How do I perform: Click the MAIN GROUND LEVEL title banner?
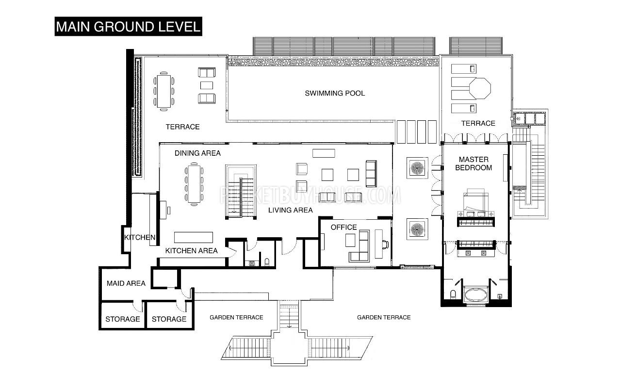(x=128, y=27)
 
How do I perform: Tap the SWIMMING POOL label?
(x=335, y=93)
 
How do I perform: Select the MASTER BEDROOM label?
(x=474, y=163)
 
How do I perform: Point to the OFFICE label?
(x=344, y=228)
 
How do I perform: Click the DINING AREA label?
(x=197, y=153)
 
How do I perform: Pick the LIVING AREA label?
(x=290, y=210)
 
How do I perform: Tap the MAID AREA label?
(x=126, y=283)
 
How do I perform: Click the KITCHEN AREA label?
(x=191, y=251)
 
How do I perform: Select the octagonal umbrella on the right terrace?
(x=480, y=88)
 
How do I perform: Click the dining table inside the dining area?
(x=194, y=184)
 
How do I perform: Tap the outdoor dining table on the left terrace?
(x=164, y=91)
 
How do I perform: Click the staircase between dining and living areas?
(x=241, y=192)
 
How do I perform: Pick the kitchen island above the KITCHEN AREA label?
(x=194, y=237)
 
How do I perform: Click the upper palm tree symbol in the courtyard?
(x=417, y=168)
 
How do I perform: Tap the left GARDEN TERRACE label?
(x=236, y=317)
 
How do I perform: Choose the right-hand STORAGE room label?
(x=169, y=319)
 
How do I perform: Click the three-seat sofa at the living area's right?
(x=371, y=174)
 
